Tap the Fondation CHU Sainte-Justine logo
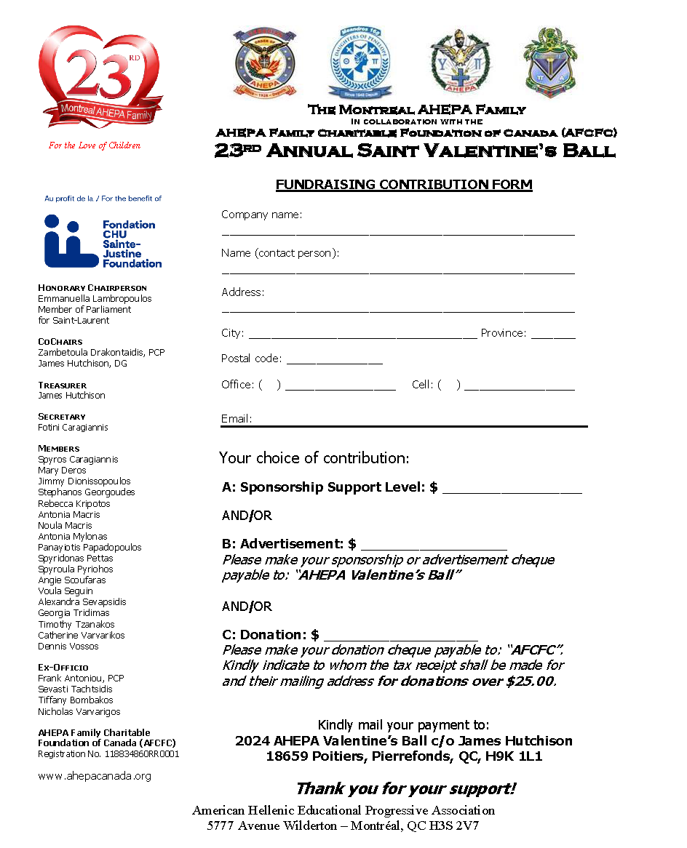click(103, 241)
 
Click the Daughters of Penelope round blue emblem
click(354, 64)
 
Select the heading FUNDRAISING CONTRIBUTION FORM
click(404, 185)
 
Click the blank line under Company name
click(397, 233)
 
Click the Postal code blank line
click(334, 361)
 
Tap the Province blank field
click(553, 336)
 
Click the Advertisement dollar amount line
click(434, 547)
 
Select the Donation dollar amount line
click(400, 638)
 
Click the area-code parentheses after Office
click(269, 385)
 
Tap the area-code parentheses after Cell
click(449, 385)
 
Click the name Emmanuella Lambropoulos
click(95, 299)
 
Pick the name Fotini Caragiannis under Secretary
click(73, 428)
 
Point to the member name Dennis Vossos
click(68, 647)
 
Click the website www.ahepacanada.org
click(95, 776)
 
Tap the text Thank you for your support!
click(405, 789)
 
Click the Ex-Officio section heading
click(63, 667)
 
